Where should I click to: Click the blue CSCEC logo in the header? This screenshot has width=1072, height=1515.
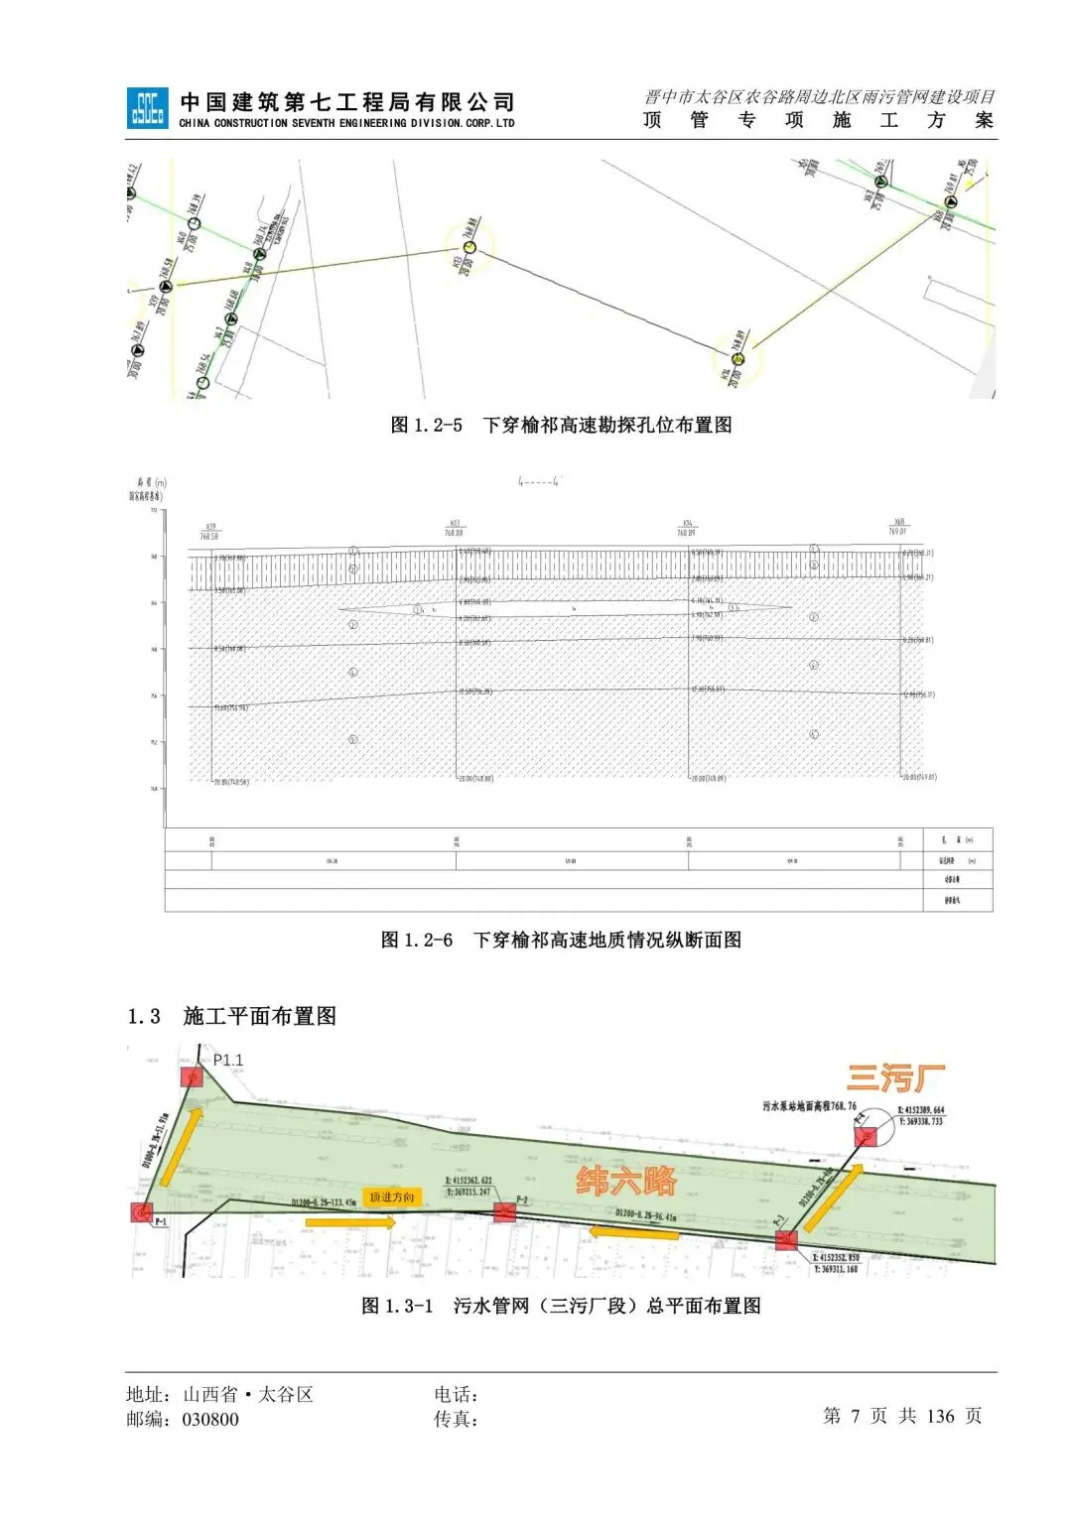147,108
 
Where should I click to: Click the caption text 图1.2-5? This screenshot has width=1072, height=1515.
561,425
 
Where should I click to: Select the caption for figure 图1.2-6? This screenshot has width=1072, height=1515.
561,940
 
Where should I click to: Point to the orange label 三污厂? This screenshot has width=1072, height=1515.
895,1077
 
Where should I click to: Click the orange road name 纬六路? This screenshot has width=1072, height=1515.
626,1181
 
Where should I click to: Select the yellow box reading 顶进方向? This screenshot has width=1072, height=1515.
392,1198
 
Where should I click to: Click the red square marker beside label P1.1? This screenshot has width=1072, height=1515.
192,1076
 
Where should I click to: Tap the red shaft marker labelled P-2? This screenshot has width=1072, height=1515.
504,1211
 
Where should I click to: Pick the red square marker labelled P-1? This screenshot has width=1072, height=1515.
142,1211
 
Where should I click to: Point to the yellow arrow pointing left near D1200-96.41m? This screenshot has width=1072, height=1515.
634,1233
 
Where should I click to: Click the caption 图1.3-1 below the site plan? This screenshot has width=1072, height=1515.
561,1306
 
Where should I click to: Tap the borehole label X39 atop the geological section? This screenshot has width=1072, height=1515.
209,528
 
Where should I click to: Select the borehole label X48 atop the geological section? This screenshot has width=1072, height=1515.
897,523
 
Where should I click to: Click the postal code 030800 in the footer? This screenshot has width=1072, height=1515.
210,1420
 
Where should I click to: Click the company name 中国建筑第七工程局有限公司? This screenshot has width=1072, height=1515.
347,101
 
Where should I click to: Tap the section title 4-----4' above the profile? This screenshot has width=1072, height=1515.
539,482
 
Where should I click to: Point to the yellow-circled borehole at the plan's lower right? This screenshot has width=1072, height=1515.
737,358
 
